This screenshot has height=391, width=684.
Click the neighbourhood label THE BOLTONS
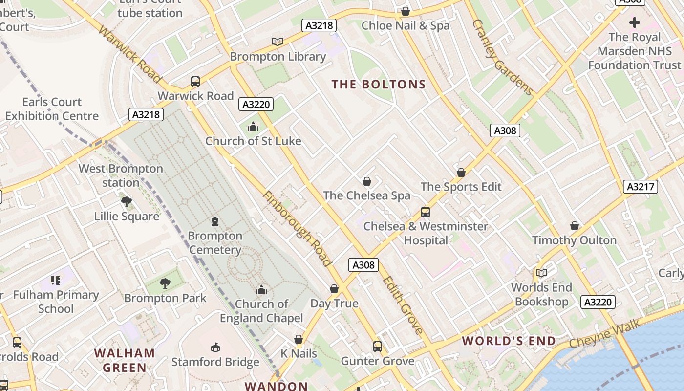coord(379,85)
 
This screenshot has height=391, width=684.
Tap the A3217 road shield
coord(641,187)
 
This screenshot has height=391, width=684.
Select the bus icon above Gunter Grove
coord(377,347)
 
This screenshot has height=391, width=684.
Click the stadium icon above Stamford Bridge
coord(215,348)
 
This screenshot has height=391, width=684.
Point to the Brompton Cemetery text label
coord(215,243)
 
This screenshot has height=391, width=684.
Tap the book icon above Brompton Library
coord(278,42)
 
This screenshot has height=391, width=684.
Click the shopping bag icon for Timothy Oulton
coord(575,226)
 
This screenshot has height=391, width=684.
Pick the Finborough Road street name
coord(297,229)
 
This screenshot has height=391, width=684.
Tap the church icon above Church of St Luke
coord(253,127)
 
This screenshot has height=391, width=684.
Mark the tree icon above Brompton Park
coord(165,283)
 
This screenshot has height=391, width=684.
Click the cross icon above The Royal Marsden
coord(634,22)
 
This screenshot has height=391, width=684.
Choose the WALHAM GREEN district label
coord(124,360)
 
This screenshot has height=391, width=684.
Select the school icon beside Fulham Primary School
coord(56,281)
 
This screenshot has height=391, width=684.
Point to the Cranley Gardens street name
coord(502,57)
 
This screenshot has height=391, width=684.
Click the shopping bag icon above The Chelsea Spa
coord(367,181)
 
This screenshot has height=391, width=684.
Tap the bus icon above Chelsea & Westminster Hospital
coord(425,212)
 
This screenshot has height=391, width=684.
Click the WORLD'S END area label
coord(509,341)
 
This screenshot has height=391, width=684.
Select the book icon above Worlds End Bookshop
coord(541,273)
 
